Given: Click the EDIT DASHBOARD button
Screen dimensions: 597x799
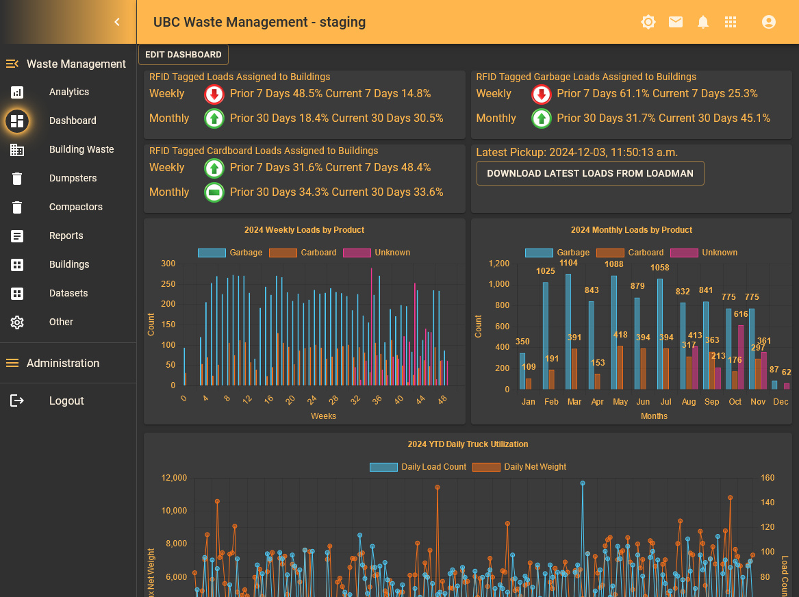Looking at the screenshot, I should (183, 55).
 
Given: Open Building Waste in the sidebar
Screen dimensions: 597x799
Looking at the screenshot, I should (81, 149).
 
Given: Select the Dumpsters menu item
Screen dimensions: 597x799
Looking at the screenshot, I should (73, 178).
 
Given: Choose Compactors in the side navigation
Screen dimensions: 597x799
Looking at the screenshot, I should (75, 207).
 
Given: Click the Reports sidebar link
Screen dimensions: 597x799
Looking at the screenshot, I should (66, 236).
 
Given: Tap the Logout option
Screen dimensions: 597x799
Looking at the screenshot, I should (66, 401).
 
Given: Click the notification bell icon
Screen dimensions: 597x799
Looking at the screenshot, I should (702, 22).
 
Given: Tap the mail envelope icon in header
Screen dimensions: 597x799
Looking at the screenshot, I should (675, 22).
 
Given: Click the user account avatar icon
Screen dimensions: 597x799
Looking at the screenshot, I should (768, 22).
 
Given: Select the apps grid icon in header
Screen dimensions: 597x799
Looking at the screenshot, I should (730, 22).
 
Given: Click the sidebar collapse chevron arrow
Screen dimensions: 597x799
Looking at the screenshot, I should (117, 22).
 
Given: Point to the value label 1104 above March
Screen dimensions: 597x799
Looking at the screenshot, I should (568, 263).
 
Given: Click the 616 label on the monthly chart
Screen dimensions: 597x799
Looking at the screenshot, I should (741, 314).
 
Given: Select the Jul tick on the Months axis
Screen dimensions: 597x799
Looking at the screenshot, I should (665, 402).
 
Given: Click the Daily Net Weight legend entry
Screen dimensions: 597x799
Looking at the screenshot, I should (520, 467).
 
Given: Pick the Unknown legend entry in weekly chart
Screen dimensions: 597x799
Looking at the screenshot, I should (377, 253).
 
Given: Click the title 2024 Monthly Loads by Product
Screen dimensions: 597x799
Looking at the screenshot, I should (631, 230).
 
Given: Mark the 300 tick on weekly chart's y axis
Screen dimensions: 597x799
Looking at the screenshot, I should (168, 264).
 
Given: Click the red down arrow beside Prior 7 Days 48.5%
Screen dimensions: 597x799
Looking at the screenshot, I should (214, 94).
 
